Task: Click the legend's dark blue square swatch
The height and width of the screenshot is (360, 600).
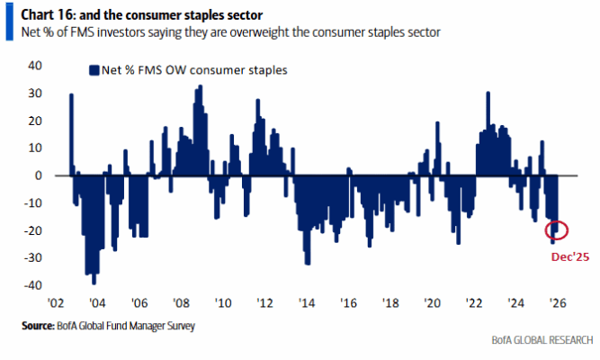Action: pyautogui.click(x=93, y=69)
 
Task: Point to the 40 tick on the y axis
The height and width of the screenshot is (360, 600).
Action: pyautogui.click(x=36, y=66)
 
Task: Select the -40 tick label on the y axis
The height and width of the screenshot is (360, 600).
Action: pyautogui.click(x=33, y=285)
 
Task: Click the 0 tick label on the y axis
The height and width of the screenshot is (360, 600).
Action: pyautogui.click(x=39, y=175)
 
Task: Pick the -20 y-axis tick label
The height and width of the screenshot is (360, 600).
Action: pyautogui.click(x=33, y=230)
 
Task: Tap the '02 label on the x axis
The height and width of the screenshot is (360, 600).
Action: pyautogui.click(x=55, y=303)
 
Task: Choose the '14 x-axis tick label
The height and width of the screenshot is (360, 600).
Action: pyautogui.click(x=306, y=303)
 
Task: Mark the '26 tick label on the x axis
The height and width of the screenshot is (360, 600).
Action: pyautogui.click(x=557, y=303)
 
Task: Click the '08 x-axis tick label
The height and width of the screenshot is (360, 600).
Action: pyautogui.click(x=181, y=303)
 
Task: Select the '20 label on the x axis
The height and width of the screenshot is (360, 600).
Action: pyautogui.click(x=432, y=303)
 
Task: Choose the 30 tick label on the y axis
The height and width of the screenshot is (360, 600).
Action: pyautogui.click(x=36, y=94)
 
